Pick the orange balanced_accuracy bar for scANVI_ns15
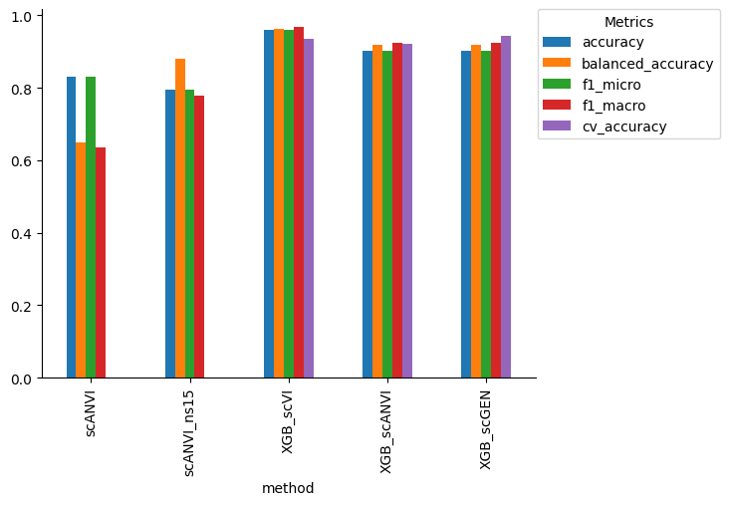pos(180,218)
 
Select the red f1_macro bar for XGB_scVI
pos(299,202)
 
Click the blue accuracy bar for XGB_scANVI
pos(367,214)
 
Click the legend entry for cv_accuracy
pos(623,126)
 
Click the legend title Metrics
pos(628,22)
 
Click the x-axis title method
pos(288,488)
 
